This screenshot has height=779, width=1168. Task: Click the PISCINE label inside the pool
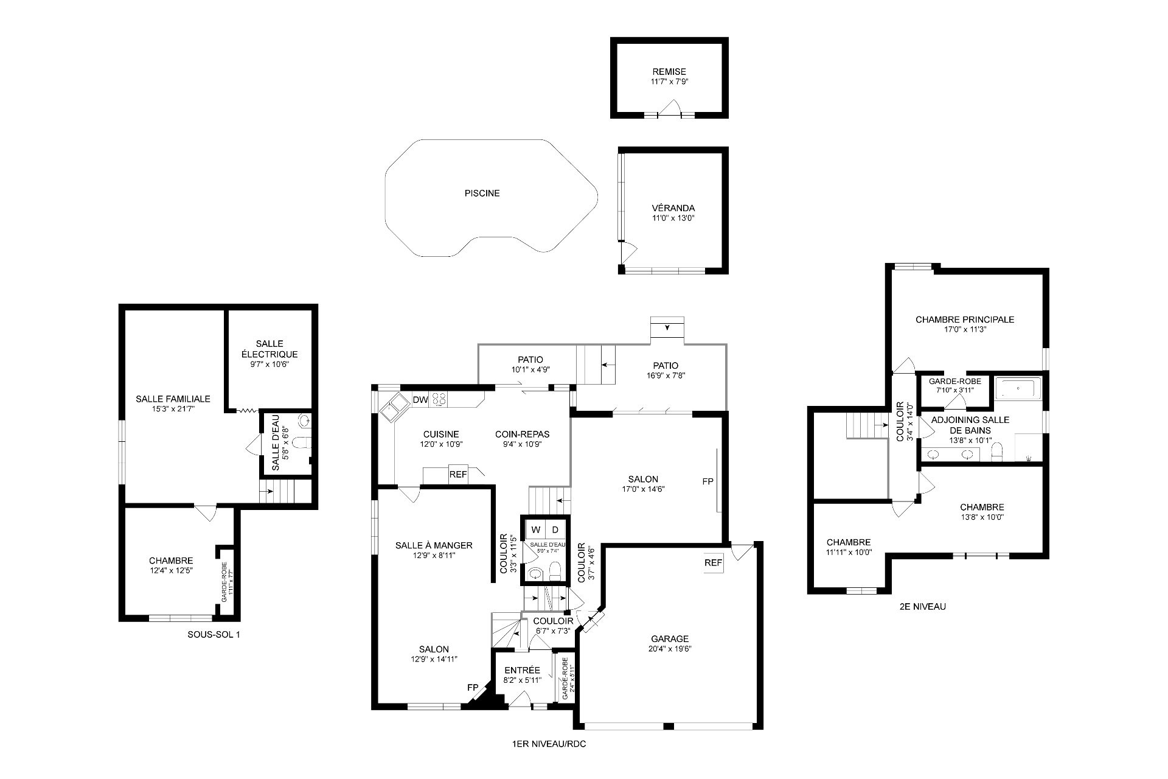click(482, 194)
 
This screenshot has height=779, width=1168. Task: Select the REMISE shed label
click(669, 72)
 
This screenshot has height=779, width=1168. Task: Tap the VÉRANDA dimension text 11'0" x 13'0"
click(673, 218)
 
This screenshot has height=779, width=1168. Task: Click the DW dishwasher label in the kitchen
click(420, 400)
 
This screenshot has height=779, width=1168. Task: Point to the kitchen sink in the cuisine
click(394, 406)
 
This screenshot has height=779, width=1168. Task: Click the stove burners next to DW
click(439, 400)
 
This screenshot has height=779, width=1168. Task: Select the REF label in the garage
click(713, 563)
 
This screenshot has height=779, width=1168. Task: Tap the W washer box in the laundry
click(535, 529)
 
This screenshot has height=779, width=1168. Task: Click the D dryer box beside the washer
click(555, 529)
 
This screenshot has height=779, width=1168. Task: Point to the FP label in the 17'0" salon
click(707, 481)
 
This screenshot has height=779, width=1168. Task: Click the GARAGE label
click(670, 639)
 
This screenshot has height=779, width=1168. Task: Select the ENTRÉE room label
click(522, 671)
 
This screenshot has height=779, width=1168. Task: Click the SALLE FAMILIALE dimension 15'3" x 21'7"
click(173, 409)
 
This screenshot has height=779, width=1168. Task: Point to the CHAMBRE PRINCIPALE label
click(965, 320)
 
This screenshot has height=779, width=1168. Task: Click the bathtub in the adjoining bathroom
click(1018, 387)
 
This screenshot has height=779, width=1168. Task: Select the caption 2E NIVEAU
click(922, 607)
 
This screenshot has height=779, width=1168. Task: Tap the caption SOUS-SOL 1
click(214, 635)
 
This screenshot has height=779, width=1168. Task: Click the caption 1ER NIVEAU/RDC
click(549, 744)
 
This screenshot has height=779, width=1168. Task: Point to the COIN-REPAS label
click(522, 435)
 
